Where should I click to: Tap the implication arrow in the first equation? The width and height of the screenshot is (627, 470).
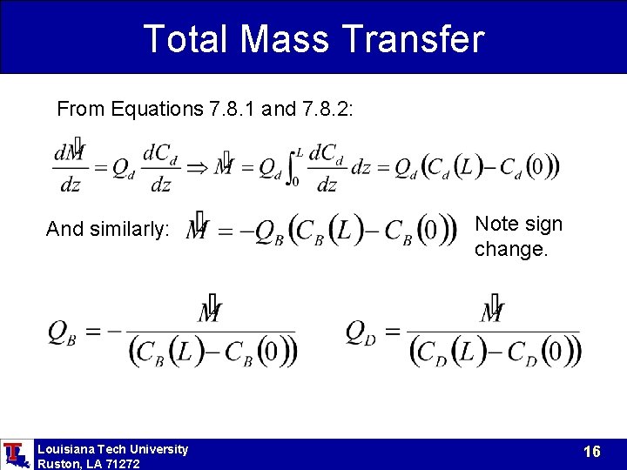pyautogui.click(x=198, y=166)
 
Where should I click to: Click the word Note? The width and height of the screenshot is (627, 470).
pyautogui.click(x=495, y=225)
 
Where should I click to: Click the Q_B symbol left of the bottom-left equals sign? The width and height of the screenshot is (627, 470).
pyautogui.click(x=62, y=332)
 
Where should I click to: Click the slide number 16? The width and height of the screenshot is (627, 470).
pyautogui.click(x=592, y=452)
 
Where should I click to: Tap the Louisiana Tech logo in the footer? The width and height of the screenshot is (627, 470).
pyautogui.click(x=15, y=454)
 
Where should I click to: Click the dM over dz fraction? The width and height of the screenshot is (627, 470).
pyautogui.click(x=70, y=168)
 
